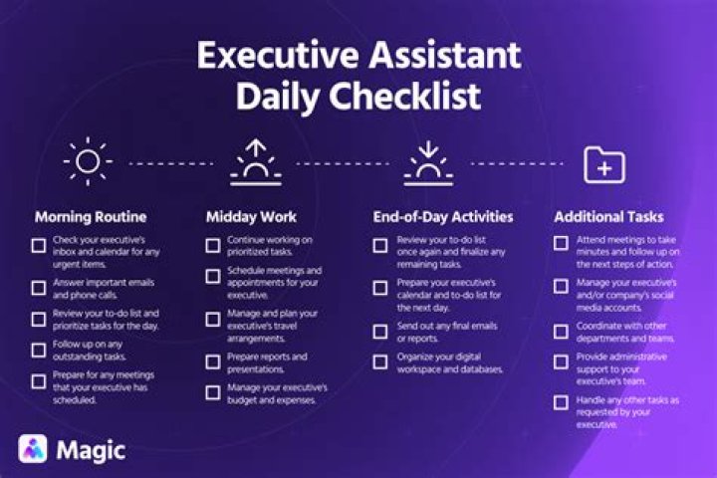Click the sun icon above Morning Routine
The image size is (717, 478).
point(88,161)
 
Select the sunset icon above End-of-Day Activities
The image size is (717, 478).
point(428,162)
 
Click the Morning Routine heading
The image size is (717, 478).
point(92,215)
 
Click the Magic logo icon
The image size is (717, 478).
point(33,448)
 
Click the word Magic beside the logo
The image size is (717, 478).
point(91,449)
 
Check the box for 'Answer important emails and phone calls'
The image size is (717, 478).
point(39,289)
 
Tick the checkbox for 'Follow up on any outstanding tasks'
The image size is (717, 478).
point(39,350)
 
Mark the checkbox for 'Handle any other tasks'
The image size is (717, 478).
point(561,402)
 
